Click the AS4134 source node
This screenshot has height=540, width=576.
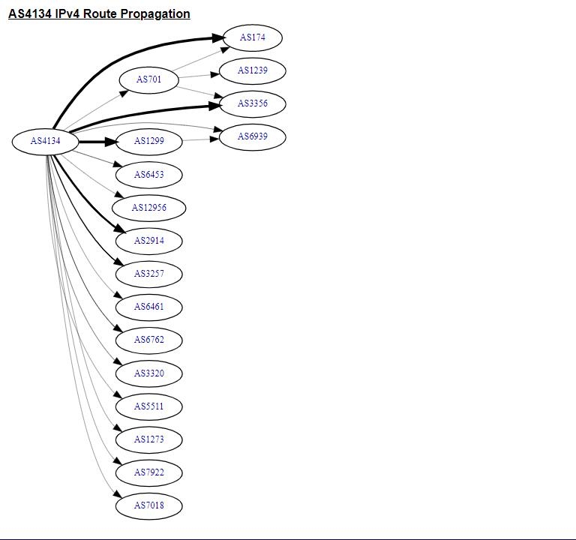45,141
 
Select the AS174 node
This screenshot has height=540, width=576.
253,37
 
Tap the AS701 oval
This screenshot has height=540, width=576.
148,79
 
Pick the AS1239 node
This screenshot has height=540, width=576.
253,70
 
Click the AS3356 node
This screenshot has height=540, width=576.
253,103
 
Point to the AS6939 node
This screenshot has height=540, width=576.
253,136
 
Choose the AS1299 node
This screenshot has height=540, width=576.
148,141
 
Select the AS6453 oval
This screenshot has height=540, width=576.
148,175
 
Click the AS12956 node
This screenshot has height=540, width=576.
148,208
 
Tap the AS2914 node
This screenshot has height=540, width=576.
148,241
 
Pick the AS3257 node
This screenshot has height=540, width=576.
148,274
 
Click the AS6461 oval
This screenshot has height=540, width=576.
148,307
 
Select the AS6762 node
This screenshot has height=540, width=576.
148,340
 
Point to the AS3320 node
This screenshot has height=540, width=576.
148,373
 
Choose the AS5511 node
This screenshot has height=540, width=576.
148,406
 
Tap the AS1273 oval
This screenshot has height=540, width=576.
148,439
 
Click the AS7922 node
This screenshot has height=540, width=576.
148,472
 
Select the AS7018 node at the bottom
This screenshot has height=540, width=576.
148,505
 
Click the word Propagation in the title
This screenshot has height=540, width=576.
154,14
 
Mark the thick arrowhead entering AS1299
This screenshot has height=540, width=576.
110,141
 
